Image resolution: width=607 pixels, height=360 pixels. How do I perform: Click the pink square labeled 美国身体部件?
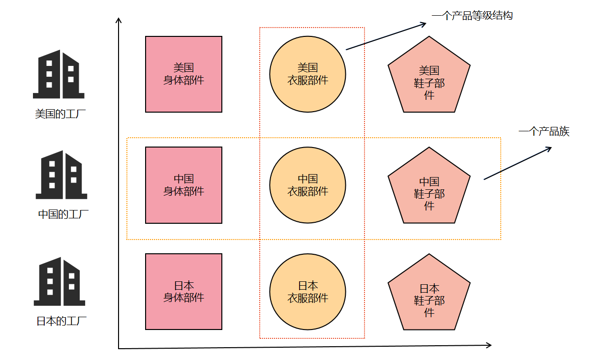pos(184,74)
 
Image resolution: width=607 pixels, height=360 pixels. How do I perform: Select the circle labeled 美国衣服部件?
pos(307,74)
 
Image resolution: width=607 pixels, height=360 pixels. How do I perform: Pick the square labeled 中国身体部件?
pos(184,185)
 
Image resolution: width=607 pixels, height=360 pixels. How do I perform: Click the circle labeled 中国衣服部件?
pos(307,185)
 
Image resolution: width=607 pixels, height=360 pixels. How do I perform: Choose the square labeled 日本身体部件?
pos(184,292)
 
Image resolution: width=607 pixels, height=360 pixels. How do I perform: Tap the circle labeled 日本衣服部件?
pos(307,292)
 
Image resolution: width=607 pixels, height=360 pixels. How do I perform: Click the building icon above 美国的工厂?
pos(59,74)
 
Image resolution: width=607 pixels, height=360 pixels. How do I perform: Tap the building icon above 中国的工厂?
pos(61,175)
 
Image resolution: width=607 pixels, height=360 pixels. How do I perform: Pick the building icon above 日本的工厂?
pos(60,281)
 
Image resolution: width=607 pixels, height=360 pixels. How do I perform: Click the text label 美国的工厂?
pos(61,114)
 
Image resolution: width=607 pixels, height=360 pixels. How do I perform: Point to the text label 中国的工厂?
pos(63,214)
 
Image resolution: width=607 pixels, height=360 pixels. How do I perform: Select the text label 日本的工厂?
pos(61,321)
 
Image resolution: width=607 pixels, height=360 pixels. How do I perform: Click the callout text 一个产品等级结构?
pos(472,15)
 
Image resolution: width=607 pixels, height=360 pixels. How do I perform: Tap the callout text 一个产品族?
pos(544,131)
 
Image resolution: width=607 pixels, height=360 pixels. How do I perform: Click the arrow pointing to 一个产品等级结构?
pos(386,36)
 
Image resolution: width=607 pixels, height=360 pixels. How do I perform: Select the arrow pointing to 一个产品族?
pos(517,163)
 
